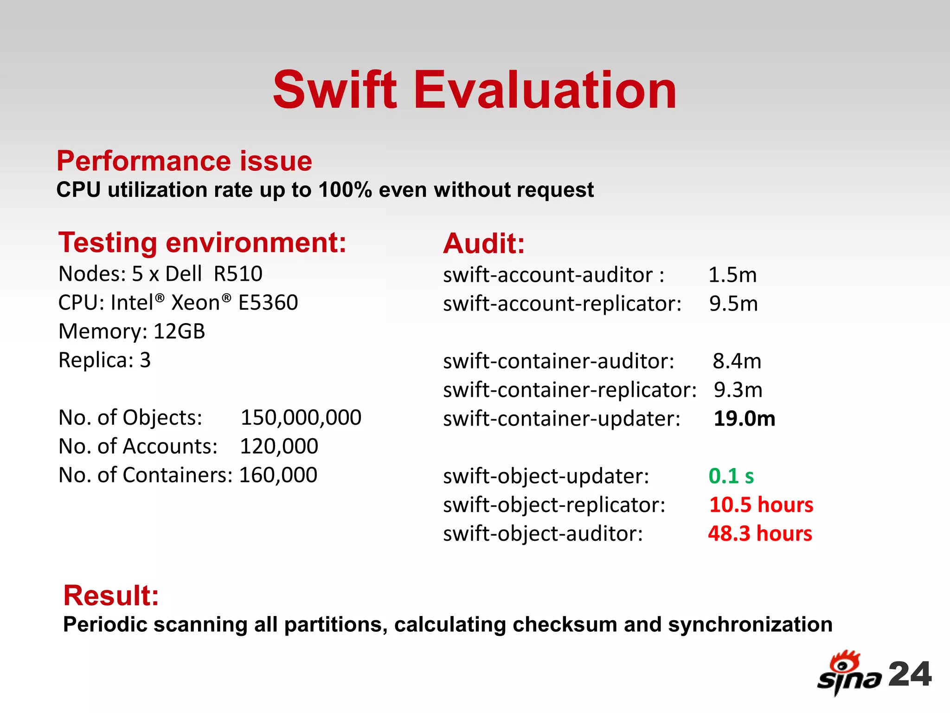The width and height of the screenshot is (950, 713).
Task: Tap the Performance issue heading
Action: (184, 161)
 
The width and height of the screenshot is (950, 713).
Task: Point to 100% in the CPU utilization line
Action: (345, 190)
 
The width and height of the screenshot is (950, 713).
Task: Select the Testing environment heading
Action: (202, 243)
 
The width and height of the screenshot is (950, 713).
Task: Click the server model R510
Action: (238, 274)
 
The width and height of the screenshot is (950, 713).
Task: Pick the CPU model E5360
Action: (268, 303)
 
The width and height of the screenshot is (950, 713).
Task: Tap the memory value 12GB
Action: (179, 331)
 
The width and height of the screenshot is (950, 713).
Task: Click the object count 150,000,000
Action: (301, 417)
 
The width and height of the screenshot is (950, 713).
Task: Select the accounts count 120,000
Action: (279, 446)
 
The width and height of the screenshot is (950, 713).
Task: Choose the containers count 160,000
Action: (278, 475)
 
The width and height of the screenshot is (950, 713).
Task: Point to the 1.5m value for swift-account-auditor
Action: (732, 275)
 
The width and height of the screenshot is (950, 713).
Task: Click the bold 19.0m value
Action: (744, 419)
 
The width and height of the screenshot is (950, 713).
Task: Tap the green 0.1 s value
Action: (731, 476)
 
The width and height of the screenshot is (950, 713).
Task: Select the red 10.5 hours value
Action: (761, 505)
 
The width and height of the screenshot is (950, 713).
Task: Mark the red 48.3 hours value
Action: (760, 533)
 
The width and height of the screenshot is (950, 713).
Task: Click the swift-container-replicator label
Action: (570, 390)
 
